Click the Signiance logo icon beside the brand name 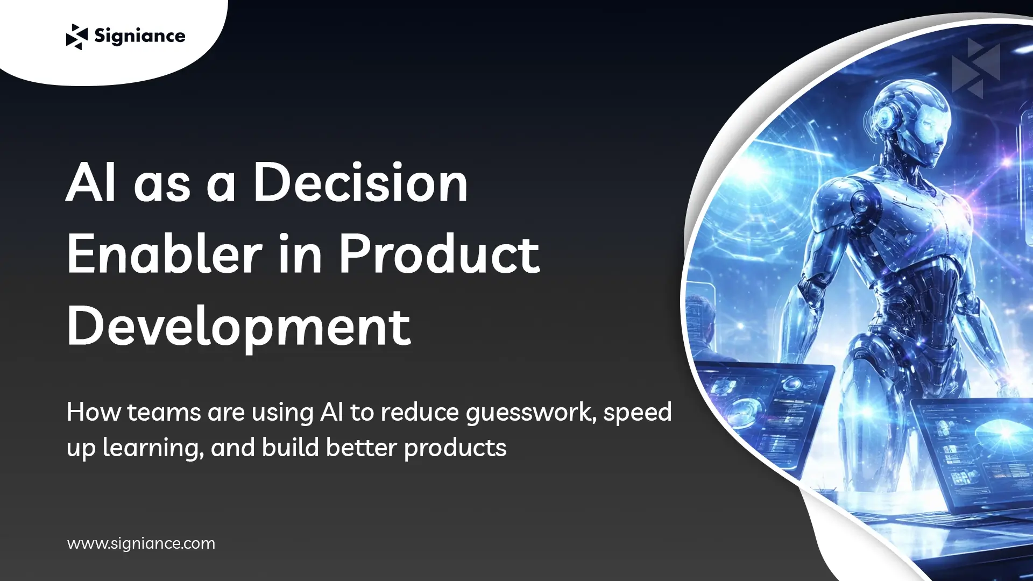pyautogui.click(x=76, y=37)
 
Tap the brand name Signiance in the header pyautogui.click(x=139, y=36)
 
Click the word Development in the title pyautogui.click(x=239, y=327)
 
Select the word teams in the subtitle pyautogui.click(x=164, y=413)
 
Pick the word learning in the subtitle pyautogui.click(x=153, y=448)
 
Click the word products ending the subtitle pyautogui.click(x=455, y=448)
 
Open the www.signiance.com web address pyautogui.click(x=141, y=543)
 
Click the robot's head pyautogui.click(x=915, y=121)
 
